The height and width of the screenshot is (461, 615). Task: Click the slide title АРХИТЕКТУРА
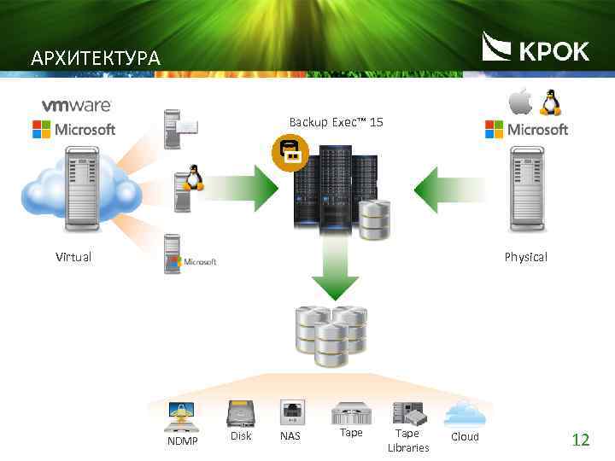click(95, 59)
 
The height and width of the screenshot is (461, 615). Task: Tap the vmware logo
click(77, 105)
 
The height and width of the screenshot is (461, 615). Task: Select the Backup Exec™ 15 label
click(336, 123)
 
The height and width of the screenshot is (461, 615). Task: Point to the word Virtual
click(73, 257)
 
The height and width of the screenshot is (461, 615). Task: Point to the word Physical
click(525, 257)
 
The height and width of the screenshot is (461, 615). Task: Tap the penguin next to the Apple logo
click(548, 102)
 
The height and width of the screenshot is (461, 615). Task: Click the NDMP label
click(182, 441)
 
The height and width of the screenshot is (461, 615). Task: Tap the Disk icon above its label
click(240, 413)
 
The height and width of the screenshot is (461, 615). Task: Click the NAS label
click(290, 437)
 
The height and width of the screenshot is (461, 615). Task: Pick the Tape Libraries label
click(408, 441)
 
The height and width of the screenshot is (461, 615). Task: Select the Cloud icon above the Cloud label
click(465, 412)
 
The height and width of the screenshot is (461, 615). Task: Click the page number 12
click(581, 441)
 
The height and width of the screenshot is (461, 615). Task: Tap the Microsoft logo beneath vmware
click(73, 130)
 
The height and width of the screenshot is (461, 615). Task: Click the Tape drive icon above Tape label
click(351, 413)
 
